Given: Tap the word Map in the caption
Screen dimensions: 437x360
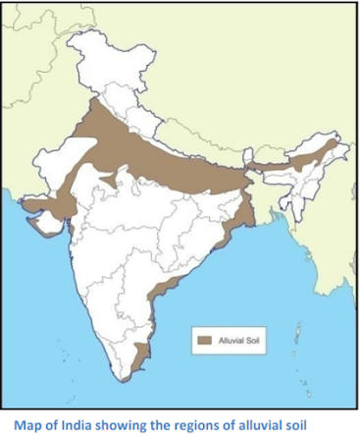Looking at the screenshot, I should coord(24,424).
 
